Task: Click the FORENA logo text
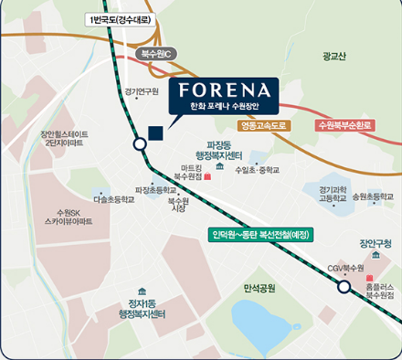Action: click(x=224, y=90)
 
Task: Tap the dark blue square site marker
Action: click(x=155, y=132)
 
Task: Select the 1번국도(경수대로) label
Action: click(x=118, y=19)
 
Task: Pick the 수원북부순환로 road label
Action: click(x=340, y=125)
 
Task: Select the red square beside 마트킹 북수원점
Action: click(x=207, y=177)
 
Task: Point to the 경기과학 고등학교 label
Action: click(x=333, y=192)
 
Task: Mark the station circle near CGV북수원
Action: click(x=344, y=288)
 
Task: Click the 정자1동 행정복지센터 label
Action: click(x=142, y=308)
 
